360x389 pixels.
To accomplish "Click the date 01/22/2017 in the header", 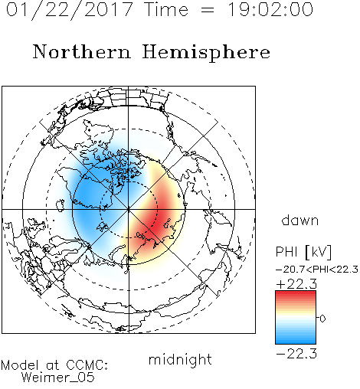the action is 69,10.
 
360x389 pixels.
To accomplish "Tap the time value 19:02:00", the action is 270,9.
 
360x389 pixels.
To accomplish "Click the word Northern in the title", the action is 82,51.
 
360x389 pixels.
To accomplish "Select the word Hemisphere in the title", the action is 206,53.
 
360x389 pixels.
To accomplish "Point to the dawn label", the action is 300,220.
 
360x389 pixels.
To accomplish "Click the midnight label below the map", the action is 180,359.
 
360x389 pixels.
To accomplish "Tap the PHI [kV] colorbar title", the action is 303,252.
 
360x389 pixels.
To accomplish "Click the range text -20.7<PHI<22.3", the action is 317,270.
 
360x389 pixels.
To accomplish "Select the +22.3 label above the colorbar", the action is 296,284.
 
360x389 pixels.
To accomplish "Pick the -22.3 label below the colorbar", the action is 296,354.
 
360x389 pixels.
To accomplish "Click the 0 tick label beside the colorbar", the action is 322,319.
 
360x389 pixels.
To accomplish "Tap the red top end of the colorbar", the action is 296,293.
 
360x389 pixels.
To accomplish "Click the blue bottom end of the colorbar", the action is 296,341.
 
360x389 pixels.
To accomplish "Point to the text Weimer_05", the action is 58,377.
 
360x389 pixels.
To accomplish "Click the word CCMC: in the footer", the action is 87,365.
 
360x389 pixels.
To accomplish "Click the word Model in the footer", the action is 20,365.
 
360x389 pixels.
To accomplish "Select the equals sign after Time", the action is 208,10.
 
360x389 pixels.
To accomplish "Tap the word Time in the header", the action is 166,9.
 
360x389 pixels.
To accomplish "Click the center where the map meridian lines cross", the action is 129,209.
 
